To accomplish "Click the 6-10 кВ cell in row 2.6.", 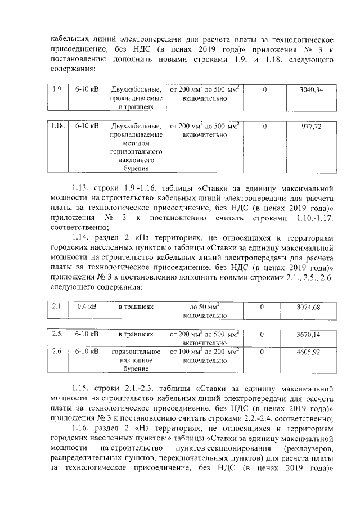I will point(86,352).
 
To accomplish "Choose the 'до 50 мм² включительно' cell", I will point(204,311).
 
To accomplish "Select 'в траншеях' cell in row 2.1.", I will point(136,307).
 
